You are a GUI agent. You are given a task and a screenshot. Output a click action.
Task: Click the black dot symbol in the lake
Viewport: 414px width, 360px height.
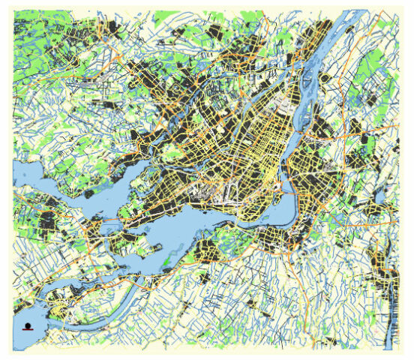tap(28, 325)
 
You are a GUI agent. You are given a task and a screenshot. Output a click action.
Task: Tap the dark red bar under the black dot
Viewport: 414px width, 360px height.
tap(28, 331)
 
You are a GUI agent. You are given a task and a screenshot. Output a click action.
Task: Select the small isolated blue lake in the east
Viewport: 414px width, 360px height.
tap(380, 196)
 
